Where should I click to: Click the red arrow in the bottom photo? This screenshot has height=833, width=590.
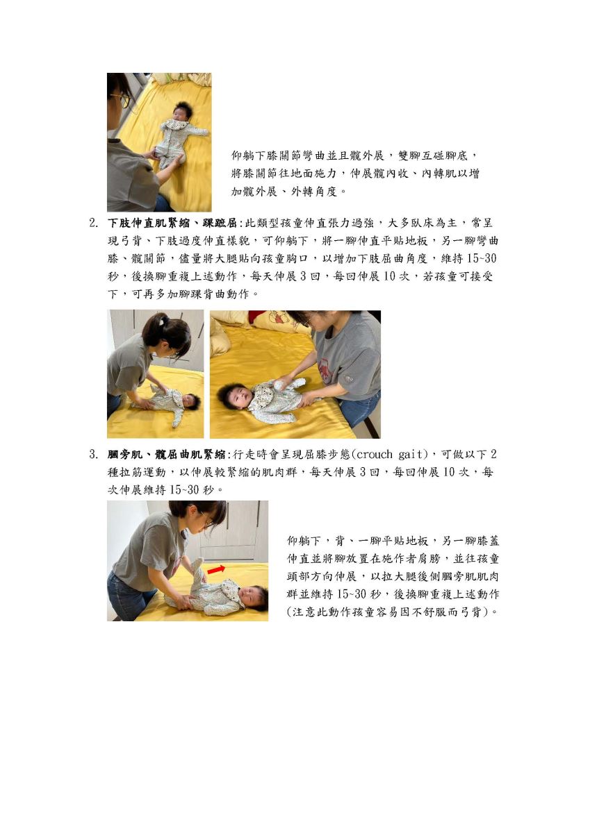(216, 569)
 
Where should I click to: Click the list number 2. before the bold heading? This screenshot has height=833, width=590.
(94, 223)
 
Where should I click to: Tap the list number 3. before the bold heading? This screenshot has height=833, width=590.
(94, 455)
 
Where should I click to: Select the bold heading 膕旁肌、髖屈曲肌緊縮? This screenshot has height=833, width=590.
(166, 455)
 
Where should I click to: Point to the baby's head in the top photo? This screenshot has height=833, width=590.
(182, 111)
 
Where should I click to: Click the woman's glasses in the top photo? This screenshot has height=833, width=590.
(124, 101)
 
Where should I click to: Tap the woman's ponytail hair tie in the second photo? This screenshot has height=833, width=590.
(161, 320)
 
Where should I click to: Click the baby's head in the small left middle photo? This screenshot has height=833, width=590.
(190, 401)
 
